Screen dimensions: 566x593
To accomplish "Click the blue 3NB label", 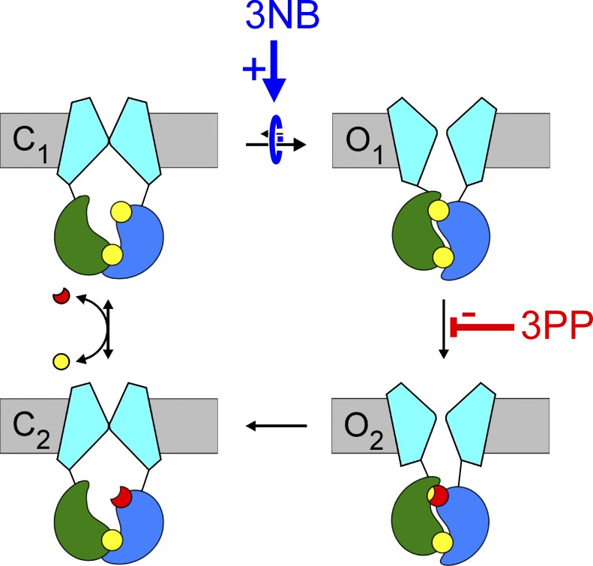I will coord(275,16).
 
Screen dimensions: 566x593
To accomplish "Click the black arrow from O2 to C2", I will coord(277,427).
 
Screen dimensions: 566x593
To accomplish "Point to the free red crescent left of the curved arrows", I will coord(60,298).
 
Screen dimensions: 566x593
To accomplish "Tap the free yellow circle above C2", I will coord(61,363).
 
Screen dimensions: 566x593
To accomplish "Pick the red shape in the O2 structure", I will coord(439,496).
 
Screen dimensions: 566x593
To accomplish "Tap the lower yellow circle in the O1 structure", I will coord(440,259).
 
